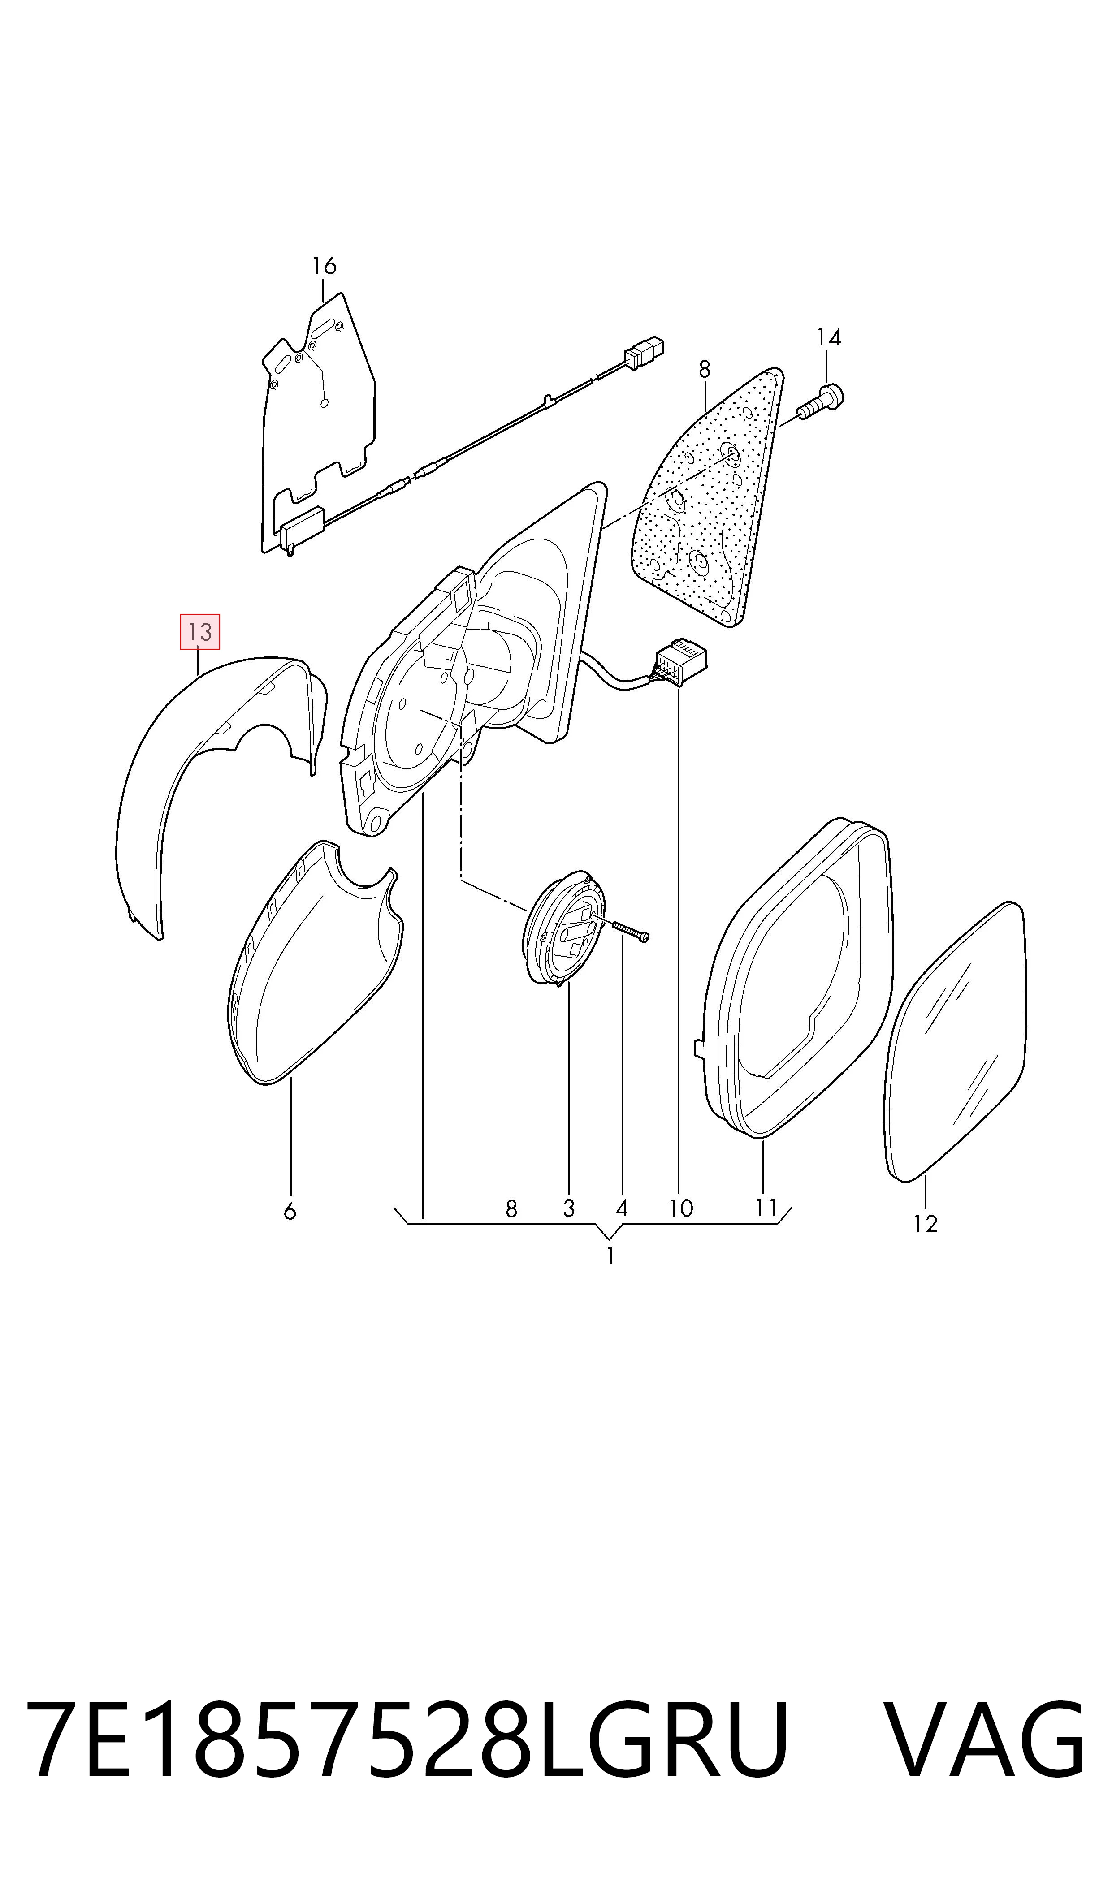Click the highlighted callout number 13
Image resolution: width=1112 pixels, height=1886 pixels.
click(x=200, y=631)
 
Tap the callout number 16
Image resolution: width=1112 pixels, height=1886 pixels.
click(x=325, y=266)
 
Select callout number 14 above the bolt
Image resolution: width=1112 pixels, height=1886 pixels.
click(x=829, y=338)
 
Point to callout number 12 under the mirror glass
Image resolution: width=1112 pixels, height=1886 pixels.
click(x=926, y=1224)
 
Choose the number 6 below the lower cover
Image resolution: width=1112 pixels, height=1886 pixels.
click(x=290, y=1211)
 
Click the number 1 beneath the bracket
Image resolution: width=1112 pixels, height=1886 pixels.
click(x=611, y=1256)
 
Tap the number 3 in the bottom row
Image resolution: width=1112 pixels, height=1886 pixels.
click(x=569, y=1208)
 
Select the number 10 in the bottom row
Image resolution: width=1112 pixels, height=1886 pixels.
click(x=680, y=1208)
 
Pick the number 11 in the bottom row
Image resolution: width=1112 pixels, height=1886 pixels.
click(x=766, y=1208)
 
